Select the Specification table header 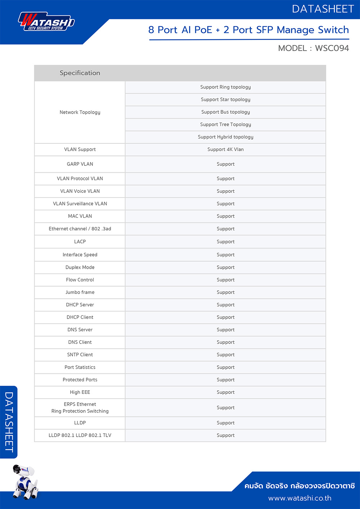80,73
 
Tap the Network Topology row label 80,112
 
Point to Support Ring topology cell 225,87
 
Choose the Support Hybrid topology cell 225,137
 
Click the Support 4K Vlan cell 225,149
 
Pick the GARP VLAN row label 80,164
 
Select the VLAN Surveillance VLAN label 80,204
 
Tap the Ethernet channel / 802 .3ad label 80,229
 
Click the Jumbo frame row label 80,292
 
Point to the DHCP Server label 80,305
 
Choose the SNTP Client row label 80,355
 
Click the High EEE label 80,392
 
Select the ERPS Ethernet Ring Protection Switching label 80,408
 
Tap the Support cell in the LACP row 225,242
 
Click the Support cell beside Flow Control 225,280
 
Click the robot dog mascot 24,482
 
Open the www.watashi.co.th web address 300,498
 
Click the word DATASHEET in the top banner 323,9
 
